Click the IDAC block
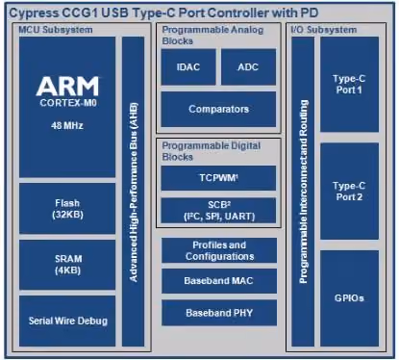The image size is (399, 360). click(188, 66)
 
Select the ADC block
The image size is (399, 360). click(248, 66)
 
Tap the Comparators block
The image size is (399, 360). click(218, 109)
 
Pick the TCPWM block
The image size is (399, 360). click(218, 178)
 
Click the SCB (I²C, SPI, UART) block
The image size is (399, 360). click(218, 210)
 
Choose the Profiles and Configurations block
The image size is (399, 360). click(219, 250)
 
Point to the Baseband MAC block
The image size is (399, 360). click(219, 281)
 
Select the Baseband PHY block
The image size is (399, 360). click(219, 313)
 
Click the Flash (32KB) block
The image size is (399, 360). click(67, 209)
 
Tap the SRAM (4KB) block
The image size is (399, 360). click(67, 265)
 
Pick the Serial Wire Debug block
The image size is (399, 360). click(67, 321)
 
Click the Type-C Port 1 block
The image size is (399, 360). click(349, 85)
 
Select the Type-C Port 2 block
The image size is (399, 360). click(349, 192)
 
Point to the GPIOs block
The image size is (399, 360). click(349, 298)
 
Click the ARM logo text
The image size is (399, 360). click(67, 86)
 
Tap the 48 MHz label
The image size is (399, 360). click(67, 125)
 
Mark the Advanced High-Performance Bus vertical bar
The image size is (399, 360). click(134, 192)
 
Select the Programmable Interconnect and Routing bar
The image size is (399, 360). click(303, 192)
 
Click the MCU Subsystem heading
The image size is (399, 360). click(56, 30)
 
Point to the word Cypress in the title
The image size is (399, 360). click(35, 13)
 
